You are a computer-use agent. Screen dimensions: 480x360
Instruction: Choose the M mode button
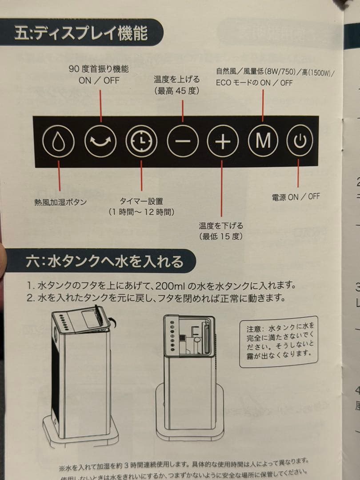point(263,141)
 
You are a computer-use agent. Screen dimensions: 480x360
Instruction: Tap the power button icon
point(300,142)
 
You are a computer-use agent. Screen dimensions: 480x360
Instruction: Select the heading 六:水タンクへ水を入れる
point(104,261)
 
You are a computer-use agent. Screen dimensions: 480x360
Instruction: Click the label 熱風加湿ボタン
point(60,202)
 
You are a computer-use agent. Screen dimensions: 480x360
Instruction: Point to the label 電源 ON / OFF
point(296,196)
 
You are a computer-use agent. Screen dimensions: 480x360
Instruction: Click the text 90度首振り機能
point(99,69)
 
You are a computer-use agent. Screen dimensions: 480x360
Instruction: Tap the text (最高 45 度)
point(177,91)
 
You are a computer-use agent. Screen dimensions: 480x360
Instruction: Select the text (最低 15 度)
point(221,236)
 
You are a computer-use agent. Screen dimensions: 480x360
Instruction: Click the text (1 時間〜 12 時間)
point(141,212)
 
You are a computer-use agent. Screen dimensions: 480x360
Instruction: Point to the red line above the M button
point(263,106)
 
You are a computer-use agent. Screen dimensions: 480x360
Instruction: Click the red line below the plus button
point(222,187)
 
